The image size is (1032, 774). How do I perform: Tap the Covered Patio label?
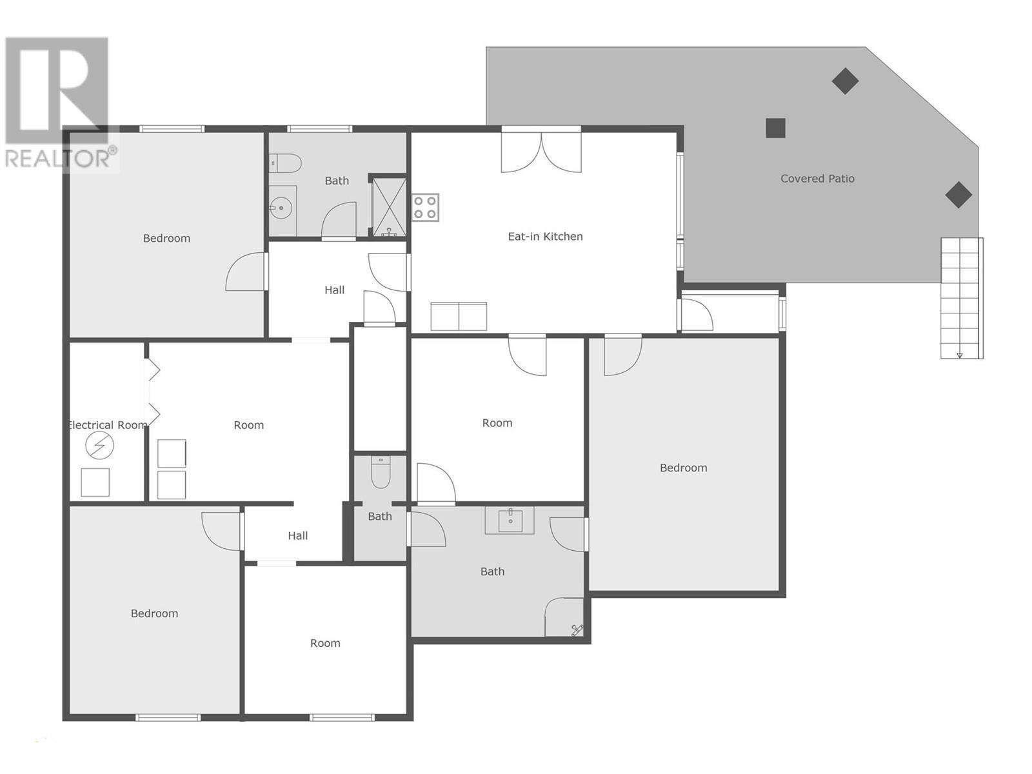[x=817, y=179]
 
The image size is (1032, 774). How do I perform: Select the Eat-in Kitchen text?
[x=545, y=237]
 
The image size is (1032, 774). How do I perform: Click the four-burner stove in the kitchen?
[x=425, y=208]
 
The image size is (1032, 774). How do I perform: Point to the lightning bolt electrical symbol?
[x=99, y=446]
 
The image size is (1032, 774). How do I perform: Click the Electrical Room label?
[x=107, y=425]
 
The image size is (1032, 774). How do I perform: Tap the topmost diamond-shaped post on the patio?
[x=844, y=81]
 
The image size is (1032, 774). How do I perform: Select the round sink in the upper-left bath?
[x=281, y=208]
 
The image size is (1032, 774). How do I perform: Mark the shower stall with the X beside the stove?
[x=390, y=207]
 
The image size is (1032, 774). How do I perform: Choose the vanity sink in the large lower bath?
[x=510, y=520]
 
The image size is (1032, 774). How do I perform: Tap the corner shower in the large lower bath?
[x=565, y=618]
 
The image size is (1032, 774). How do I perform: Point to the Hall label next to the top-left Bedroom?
[x=334, y=290]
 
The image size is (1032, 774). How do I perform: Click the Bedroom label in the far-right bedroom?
[x=683, y=468]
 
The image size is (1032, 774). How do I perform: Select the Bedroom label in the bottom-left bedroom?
[x=154, y=613]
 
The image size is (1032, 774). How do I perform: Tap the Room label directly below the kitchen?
[x=497, y=423]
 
